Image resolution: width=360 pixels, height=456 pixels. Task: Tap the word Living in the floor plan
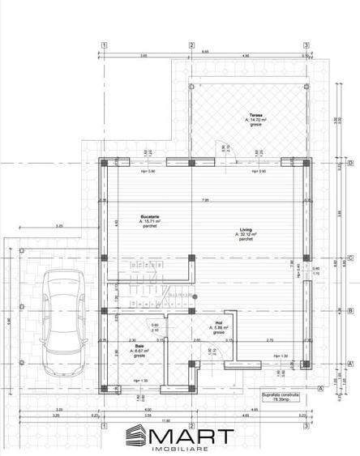[x=246, y=230]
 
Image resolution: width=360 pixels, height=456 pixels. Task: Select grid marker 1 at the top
[x=104, y=45]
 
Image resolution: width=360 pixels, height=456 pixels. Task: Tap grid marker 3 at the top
[x=306, y=45]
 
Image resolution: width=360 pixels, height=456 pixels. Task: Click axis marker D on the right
[x=349, y=163]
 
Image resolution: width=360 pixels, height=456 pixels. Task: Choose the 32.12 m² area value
[x=246, y=235]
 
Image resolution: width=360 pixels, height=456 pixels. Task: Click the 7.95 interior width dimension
[x=205, y=200]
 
